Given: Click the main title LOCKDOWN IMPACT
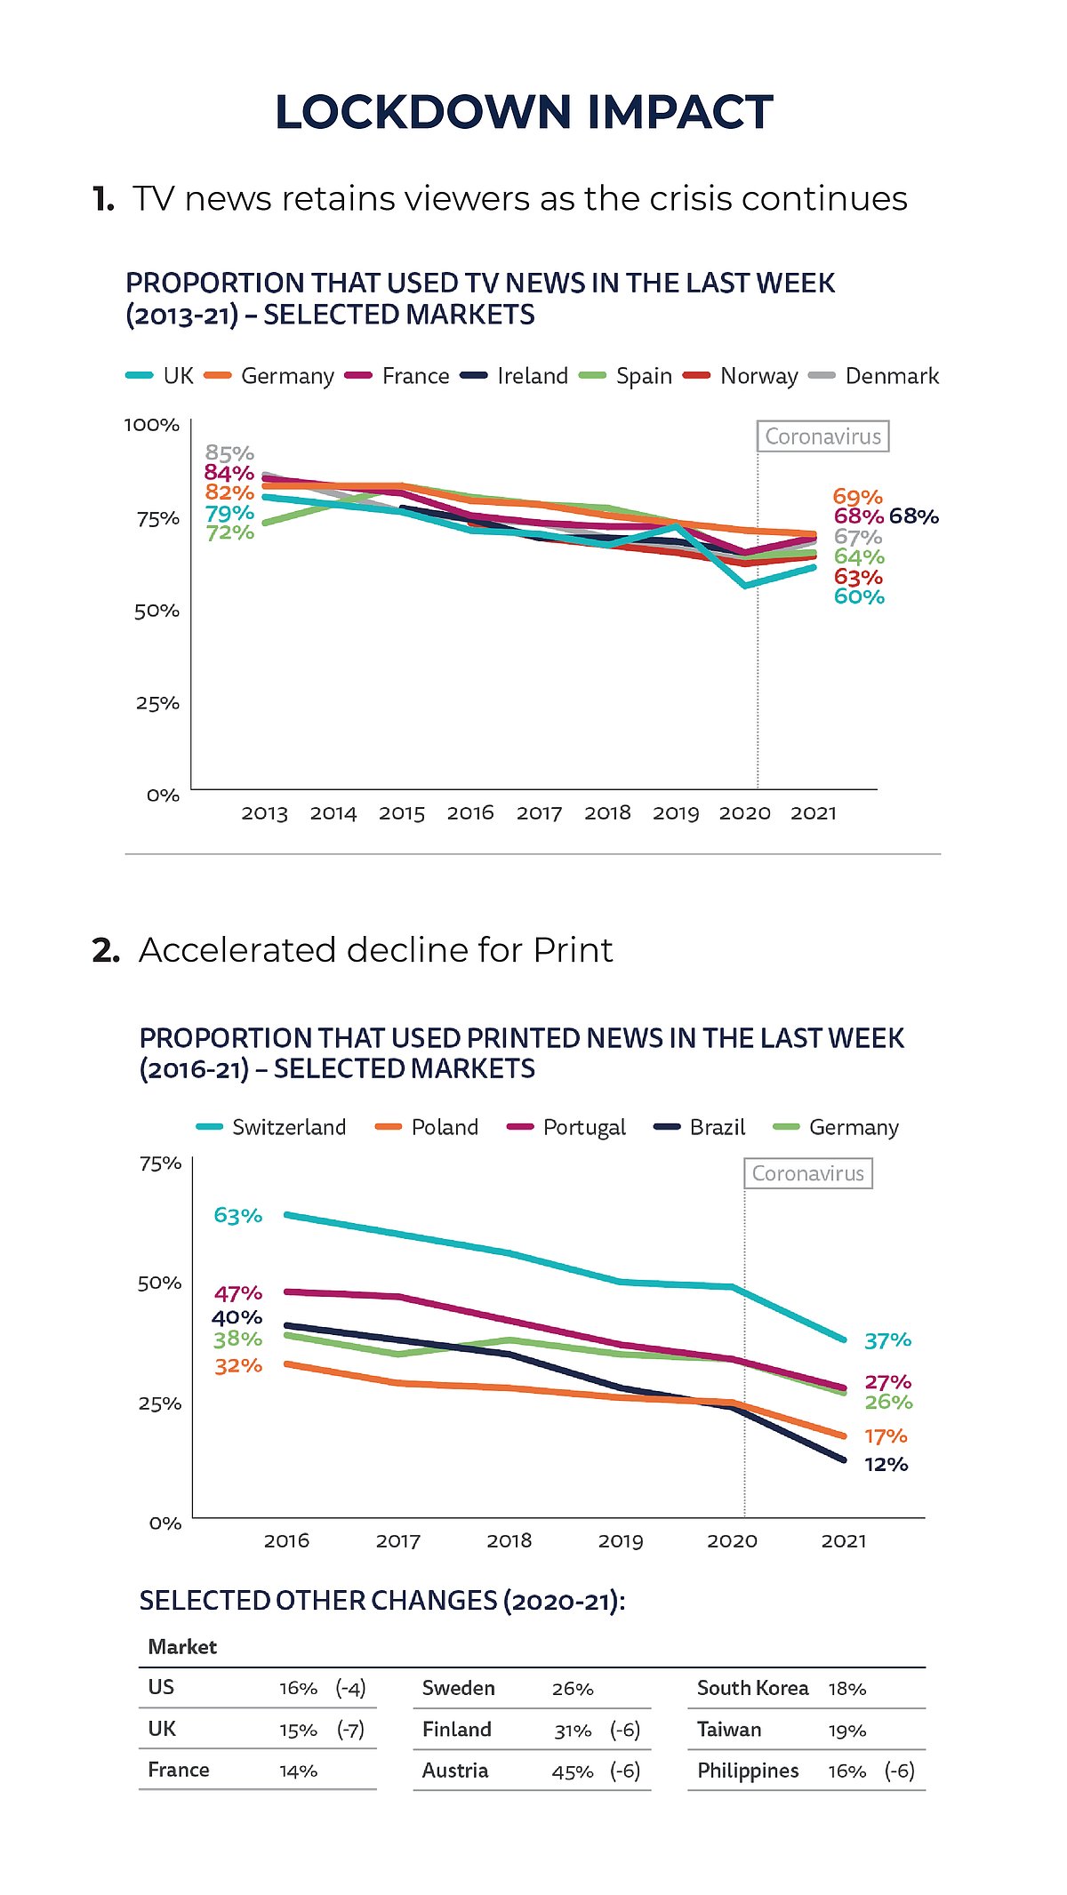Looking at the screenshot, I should click(x=524, y=112).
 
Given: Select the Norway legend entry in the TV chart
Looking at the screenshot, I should click(x=758, y=376).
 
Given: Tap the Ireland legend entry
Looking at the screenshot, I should click(x=532, y=376).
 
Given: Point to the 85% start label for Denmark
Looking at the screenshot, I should click(x=229, y=453).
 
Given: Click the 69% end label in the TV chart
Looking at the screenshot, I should click(x=857, y=497).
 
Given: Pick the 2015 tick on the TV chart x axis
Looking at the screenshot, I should click(x=402, y=813).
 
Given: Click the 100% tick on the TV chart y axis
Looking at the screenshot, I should click(x=152, y=425).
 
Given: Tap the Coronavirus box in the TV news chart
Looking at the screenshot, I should click(x=822, y=436).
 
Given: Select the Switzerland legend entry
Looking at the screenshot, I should click(x=288, y=1127).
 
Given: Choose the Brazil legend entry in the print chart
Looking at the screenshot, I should click(x=717, y=1127).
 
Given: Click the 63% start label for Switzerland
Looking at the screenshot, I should click(x=237, y=1215).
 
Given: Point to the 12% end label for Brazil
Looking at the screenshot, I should click(x=886, y=1464).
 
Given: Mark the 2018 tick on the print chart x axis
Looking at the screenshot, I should click(x=509, y=1540).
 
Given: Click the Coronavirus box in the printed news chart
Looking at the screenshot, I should click(x=807, y=1173).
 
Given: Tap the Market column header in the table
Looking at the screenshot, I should click(x=182, y=1647).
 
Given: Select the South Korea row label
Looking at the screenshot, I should click(x=752, y=1688).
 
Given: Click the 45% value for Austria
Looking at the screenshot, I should click(x=572, y=1771).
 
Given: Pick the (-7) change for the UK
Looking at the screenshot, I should click(x=350, y=1730).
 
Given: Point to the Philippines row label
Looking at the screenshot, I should click(x=748, y=1771).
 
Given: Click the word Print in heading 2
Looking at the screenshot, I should click(x=573, y=950).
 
